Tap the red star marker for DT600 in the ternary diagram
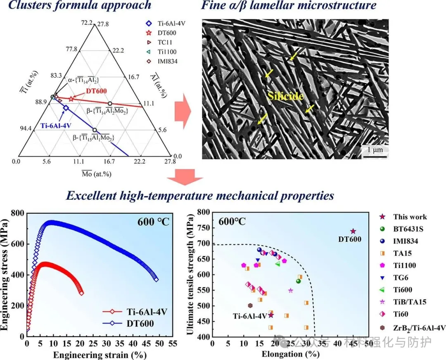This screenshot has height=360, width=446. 71,99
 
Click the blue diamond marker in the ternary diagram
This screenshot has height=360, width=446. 66,108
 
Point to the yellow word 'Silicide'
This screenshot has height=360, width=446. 285,96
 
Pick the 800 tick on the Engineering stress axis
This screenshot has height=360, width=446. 18,213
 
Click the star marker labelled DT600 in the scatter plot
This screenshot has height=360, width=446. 353,231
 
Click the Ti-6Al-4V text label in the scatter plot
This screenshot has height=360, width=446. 250,316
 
